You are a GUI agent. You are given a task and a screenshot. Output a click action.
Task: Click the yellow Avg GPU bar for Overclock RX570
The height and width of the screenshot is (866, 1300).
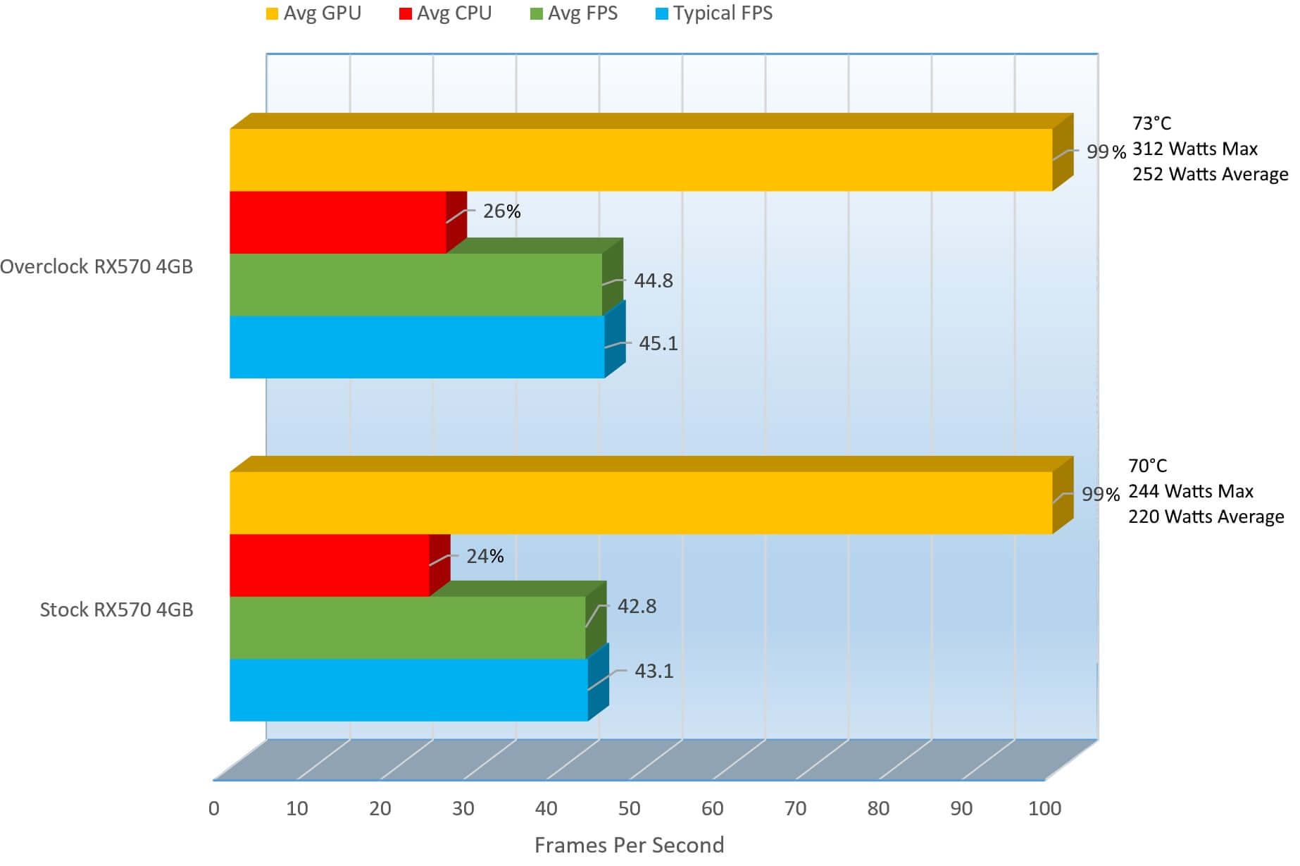(641, 159)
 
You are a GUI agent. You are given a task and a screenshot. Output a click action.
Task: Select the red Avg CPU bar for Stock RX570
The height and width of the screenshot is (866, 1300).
(330, 565)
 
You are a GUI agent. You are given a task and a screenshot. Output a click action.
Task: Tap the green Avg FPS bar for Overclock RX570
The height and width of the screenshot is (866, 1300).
(415, 284)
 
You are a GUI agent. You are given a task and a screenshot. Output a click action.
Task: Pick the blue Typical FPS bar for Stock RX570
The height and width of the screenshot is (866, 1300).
(408, 690)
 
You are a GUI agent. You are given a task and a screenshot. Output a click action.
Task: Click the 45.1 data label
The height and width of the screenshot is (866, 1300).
(658, 343)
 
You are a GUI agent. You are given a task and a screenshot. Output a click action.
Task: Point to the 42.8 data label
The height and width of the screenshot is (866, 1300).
(637, 607)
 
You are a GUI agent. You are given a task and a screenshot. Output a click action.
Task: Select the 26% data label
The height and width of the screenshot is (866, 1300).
(501, 211)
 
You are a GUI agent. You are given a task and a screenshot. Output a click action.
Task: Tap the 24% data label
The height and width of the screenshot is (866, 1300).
(485, 557)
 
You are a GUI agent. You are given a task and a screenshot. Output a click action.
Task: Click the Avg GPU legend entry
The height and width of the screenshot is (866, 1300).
(313, 13)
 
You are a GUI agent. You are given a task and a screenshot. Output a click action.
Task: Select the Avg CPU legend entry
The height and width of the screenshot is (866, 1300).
(445, 13)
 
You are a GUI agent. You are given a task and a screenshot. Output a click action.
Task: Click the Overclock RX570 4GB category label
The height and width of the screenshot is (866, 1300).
(96, 266)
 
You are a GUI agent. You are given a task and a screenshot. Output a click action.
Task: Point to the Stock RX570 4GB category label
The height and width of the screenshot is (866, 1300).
(116, 610)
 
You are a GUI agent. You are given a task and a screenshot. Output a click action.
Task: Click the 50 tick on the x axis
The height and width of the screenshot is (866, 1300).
(629, 808)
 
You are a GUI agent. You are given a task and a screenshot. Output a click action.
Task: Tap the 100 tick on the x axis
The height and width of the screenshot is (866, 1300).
(1044, 808)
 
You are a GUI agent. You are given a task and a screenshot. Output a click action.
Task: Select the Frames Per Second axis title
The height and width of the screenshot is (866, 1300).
(629, 845)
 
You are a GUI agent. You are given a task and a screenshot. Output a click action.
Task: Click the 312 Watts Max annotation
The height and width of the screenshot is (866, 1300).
(1194, 149)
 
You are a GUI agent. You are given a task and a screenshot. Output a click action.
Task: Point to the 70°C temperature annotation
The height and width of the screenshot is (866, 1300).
(1147, 466)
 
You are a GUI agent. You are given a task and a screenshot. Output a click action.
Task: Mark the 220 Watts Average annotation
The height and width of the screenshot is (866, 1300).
(1206, 516)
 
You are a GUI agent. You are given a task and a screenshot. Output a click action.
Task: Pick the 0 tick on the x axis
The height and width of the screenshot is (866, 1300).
(214, 808)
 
